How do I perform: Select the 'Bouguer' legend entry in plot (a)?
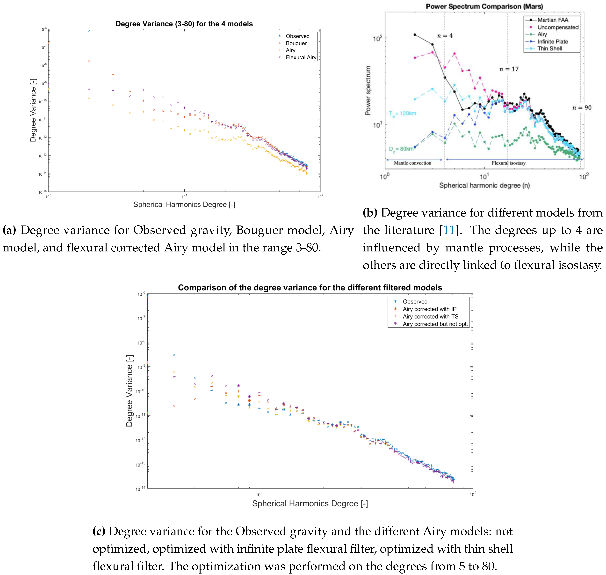tap(296, 43)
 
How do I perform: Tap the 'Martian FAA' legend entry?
tap(552, 20)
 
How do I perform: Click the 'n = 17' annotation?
tap(509, 69)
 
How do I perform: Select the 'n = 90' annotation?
tap(582, 108)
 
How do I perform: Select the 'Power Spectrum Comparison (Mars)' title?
tap(484, 6)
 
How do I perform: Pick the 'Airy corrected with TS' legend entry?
tap(430, 316)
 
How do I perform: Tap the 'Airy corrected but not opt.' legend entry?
tap(435, 324)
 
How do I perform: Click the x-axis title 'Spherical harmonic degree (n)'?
tap(484, 185)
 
